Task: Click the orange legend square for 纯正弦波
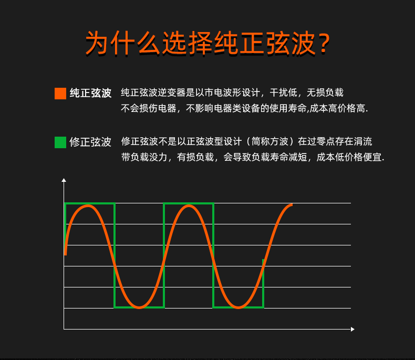point(60,94)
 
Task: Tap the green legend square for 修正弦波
point(60,142)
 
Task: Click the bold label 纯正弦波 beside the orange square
point(90,93)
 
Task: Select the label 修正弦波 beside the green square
point(90,142)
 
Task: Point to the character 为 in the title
point(97,43)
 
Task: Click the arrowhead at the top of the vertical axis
point(64,180)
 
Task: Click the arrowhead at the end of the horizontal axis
point(352,330)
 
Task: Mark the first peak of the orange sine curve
point(88,206)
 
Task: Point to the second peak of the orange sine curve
point(189,206)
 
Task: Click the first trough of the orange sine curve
point(139,307)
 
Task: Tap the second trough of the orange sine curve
point(238,307)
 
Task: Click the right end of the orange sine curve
point(292,204)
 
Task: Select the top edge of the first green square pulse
point(90,203)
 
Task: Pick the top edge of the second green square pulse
point(189,203)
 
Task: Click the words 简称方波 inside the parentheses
point(269,141)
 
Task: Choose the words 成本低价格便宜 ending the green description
point(349,157)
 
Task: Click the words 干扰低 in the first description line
point(284,92)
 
